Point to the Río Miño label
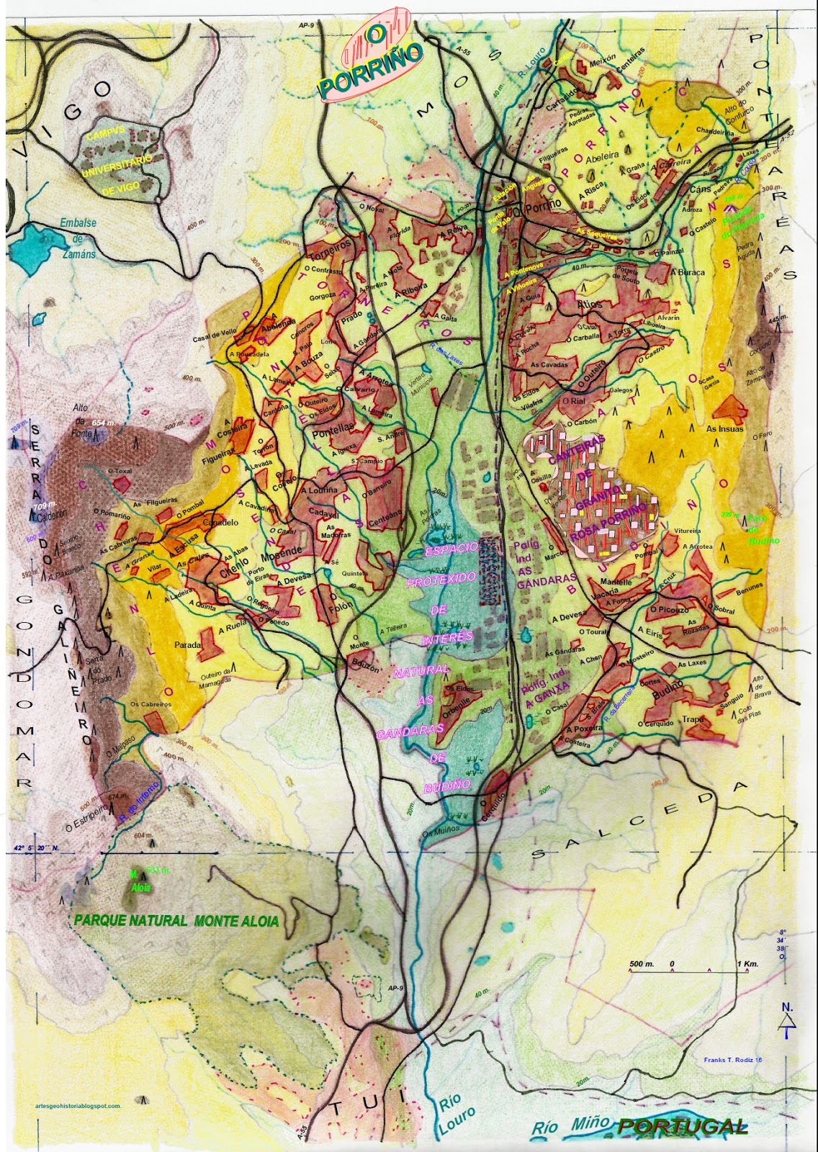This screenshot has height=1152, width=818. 570,1125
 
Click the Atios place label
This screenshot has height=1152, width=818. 589,305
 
